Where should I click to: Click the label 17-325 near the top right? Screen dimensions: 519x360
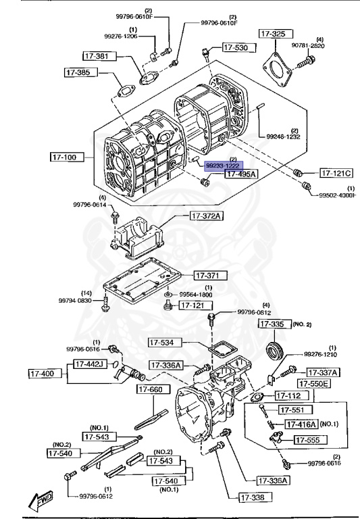click(x=275, y=33)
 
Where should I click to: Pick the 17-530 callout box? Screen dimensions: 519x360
click(x=236, y=48)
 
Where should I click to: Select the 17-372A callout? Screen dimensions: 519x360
click(x=207, y=216)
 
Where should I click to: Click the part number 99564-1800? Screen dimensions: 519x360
click(x=196, y=295)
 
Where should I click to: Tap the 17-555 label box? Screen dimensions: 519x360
click(x=310, y=440)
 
